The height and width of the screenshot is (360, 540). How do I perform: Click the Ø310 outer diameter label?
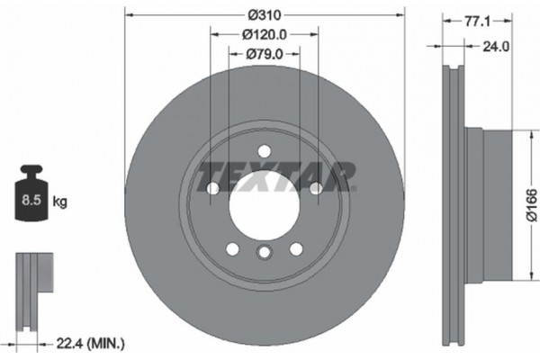tap(264, 15)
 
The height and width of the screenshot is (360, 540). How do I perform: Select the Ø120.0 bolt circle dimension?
tap(264, 35)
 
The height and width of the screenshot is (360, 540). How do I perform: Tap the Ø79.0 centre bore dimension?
tap(264, 55)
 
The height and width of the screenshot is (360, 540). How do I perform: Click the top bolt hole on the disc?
tap(264, 151)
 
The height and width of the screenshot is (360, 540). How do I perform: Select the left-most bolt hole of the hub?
tap(212, 189)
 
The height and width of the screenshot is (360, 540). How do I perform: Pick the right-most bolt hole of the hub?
tap(316, 189)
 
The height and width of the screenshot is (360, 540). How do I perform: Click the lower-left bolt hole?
tap(232, 249)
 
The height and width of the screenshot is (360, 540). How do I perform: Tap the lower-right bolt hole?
tap(296, 249)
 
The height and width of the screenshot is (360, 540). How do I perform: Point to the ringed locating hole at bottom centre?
tap(264, 254)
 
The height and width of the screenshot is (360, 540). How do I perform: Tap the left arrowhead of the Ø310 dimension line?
tap(127, 15)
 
